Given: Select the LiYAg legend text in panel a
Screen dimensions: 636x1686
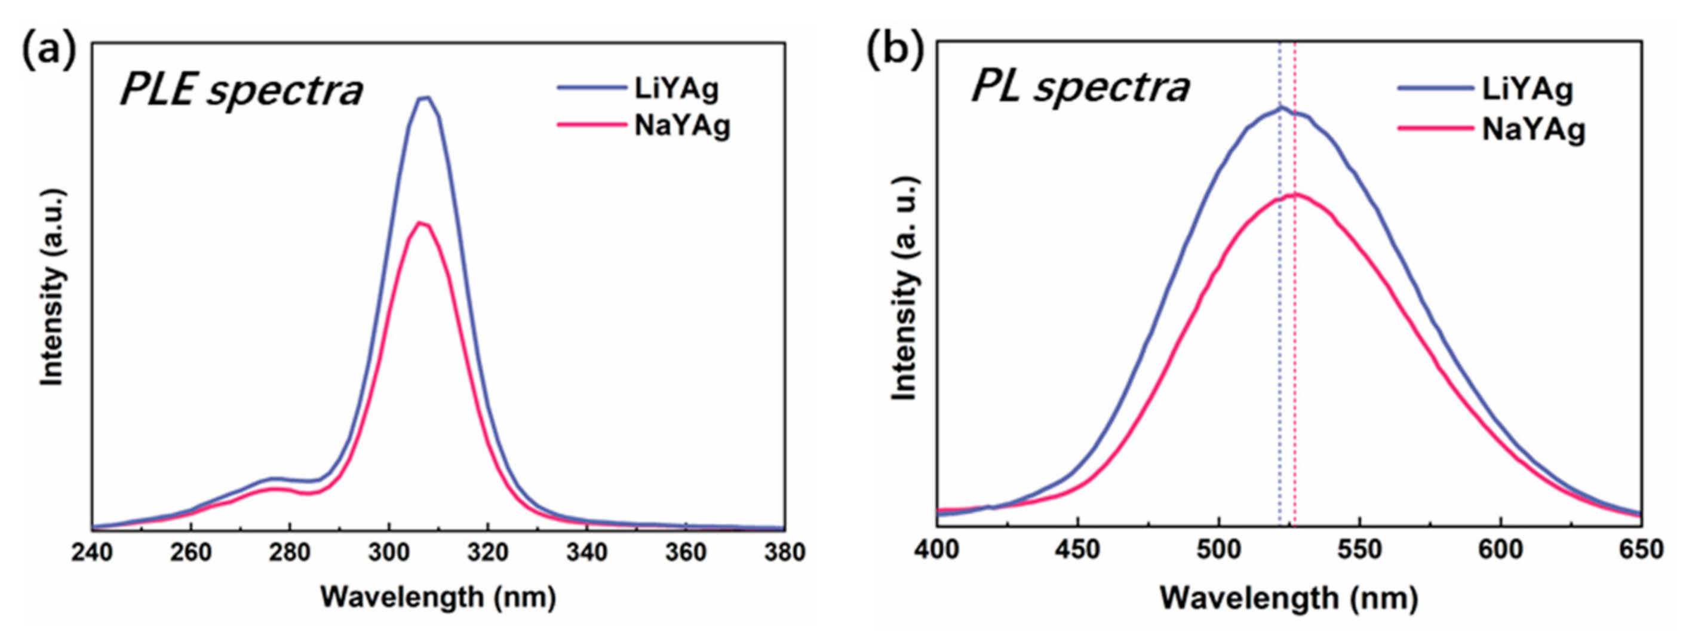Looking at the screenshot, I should coord(676,89).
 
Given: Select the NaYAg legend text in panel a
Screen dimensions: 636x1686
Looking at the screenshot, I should coord(682,125).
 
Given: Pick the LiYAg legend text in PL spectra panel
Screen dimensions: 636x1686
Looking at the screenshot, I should coord(1527,89).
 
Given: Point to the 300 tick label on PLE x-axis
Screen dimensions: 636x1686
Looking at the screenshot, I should coord(389,552).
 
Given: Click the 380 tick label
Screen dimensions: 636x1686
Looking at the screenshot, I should coord(784,552).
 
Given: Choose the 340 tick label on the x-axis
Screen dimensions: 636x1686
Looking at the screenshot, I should coord(586,552).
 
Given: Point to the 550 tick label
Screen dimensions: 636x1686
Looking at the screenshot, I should coord(1360,549).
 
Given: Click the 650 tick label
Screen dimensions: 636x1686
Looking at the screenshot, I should coord(1641,549).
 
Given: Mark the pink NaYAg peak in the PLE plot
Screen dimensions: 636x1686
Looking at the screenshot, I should coord(421,224).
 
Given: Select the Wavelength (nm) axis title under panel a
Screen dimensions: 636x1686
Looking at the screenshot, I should coord(438,597).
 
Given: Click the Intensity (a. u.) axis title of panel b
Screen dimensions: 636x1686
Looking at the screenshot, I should coord(905,288).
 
